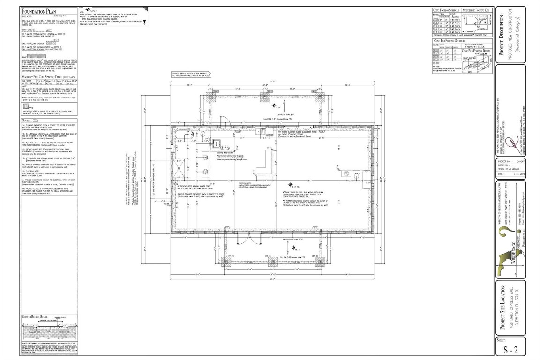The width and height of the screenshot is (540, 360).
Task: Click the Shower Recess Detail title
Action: point(37,317)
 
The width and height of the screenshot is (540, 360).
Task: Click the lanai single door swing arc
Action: point(225,120)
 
